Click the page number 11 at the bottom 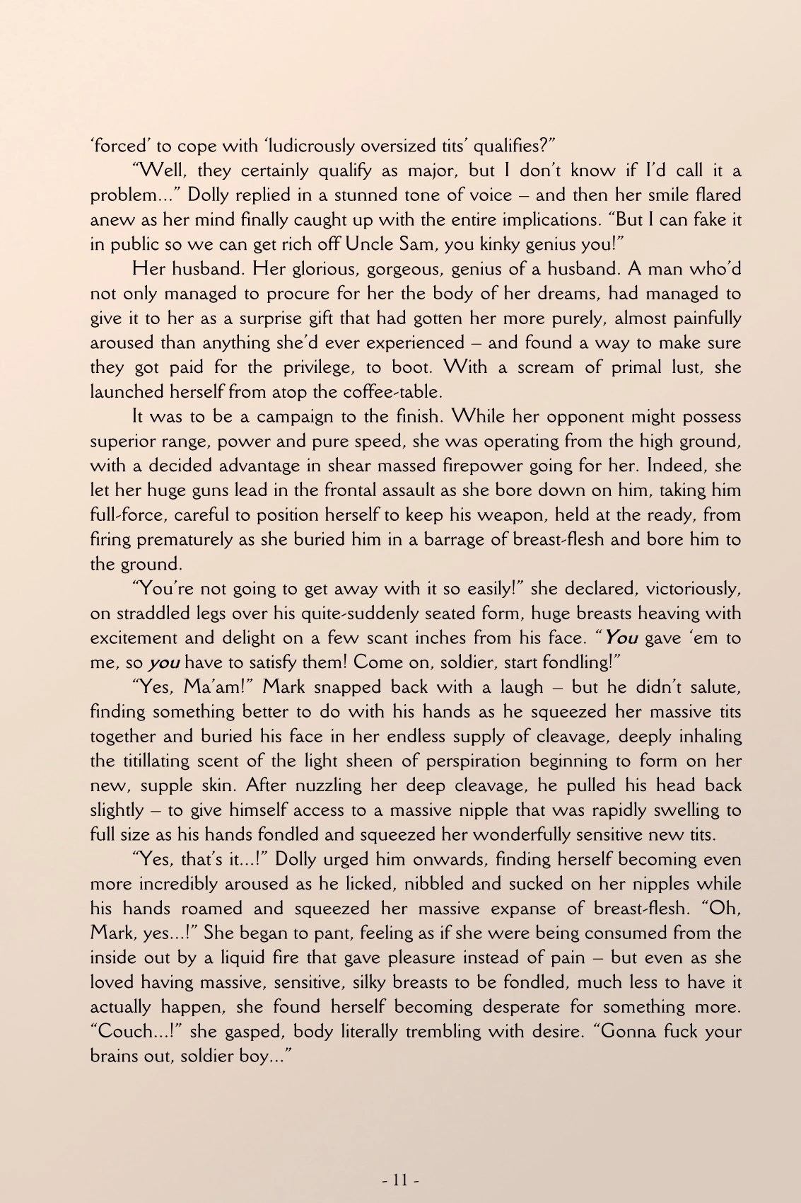coord(401,1180)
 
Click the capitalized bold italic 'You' coord(621,638)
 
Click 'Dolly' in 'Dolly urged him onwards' coord(297,860)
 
